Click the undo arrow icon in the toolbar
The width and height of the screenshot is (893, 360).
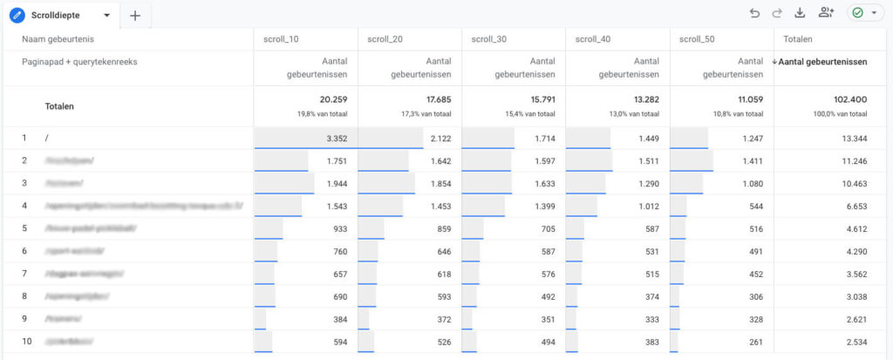pyautogui.click(x=754, y=13)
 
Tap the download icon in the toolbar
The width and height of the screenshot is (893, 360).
pyautogui.click(x=801, y=13)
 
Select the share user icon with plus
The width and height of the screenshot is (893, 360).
pyautogui.click(x=826, y=13)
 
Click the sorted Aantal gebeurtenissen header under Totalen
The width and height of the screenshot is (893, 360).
pyautogui.click(x=823, y=62)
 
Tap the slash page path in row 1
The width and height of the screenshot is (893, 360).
pyautogui.click(x=46, y=138)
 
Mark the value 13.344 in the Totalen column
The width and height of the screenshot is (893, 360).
pyautogui.click(x=850, y=138)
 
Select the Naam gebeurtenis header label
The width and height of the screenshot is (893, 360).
pyautogui.click(x=58, y=39)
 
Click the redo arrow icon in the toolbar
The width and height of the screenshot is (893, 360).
pyautogui.click(x=777, y=13)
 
